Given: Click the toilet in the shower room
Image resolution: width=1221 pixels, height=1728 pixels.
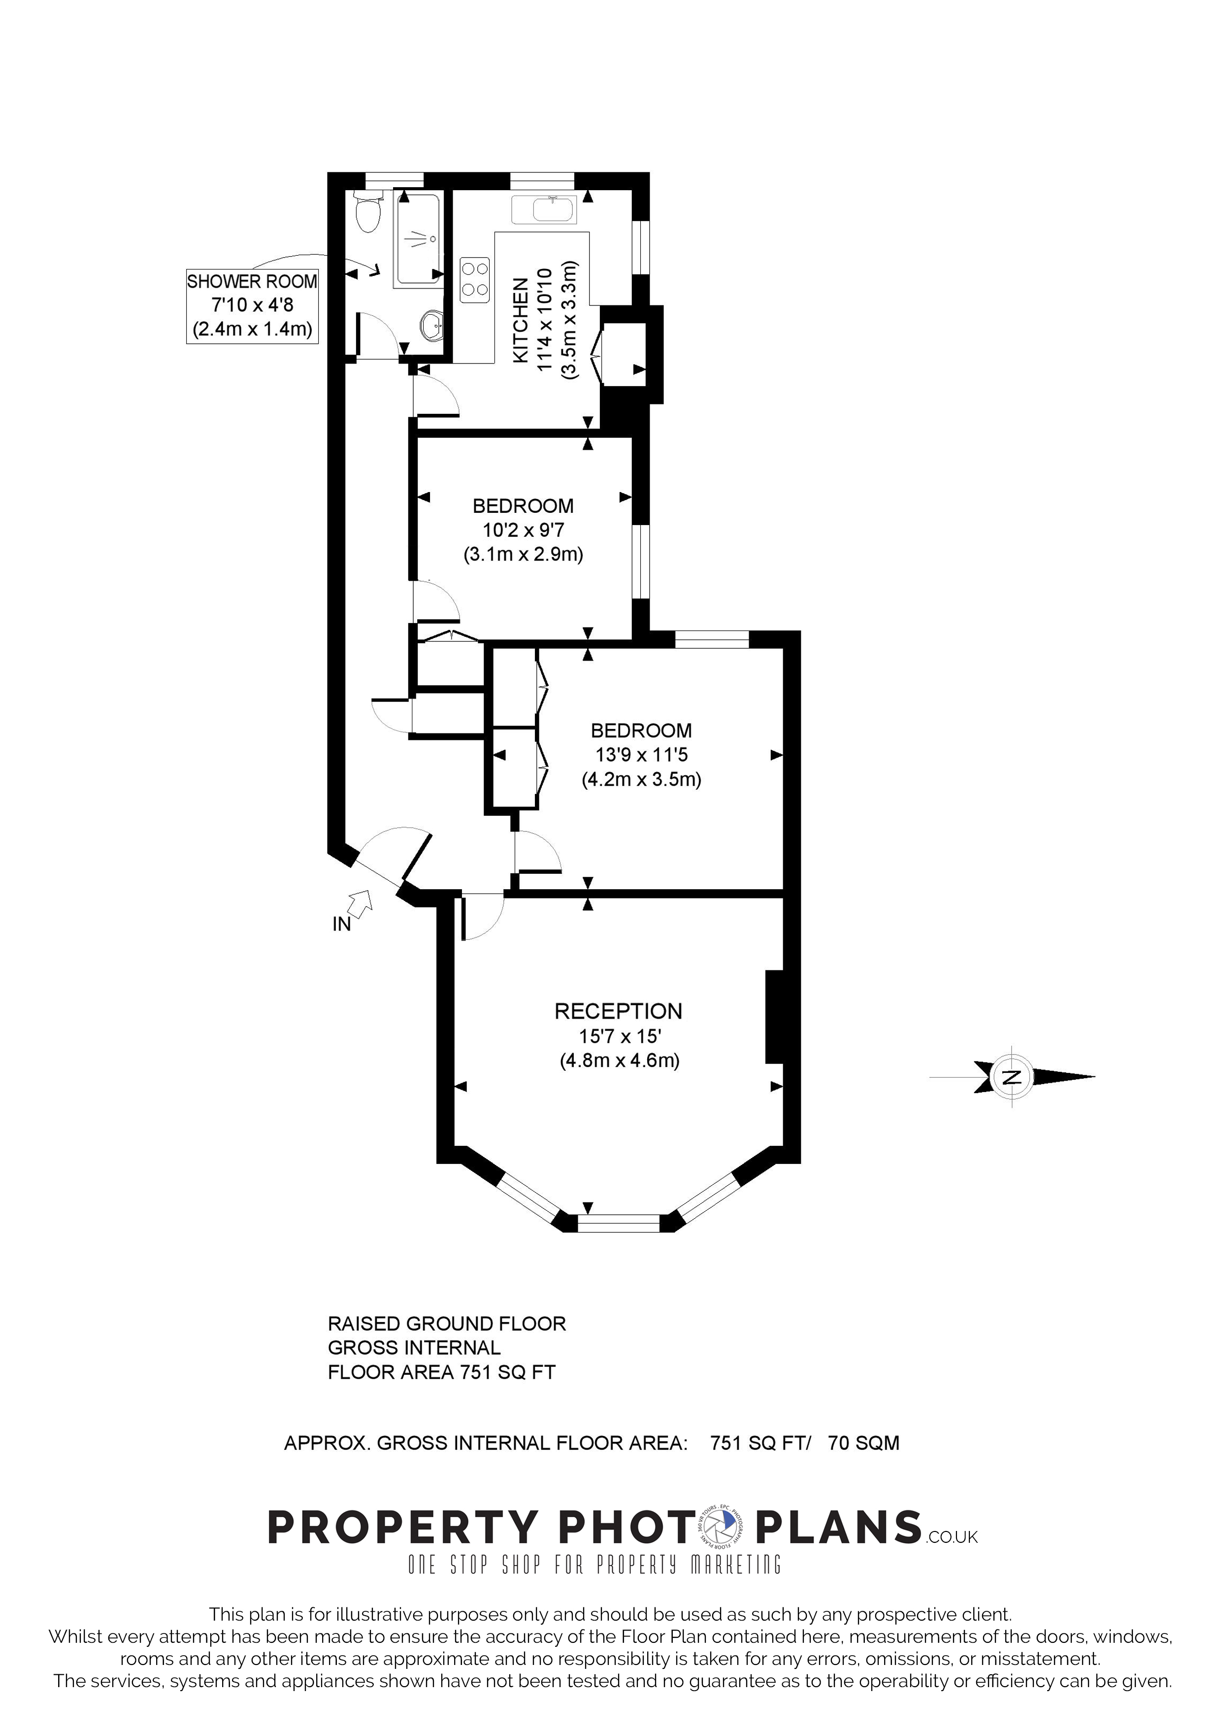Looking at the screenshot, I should [x=368, y=213].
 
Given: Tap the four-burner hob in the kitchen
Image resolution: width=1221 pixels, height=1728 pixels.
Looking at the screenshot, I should [x=475, y=279].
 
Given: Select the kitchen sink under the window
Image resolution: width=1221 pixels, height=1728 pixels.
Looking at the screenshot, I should [x=544, y=210].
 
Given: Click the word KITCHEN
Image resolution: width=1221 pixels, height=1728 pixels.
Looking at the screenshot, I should [x=520, y=321].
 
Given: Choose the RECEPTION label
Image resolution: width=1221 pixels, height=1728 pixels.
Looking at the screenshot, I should [x=619, y=1011].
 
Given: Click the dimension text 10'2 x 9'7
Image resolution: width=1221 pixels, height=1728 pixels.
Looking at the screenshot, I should [x=523, y=530].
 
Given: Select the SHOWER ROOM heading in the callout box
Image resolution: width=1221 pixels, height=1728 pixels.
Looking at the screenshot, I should [x=252, y=281].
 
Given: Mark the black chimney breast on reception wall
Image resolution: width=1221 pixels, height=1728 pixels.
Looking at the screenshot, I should [x=775, y=1017].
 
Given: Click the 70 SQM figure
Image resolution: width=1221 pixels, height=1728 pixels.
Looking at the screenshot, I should [x=863, y=1443].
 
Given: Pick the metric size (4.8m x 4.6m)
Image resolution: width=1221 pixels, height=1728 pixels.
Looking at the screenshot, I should [x=619, y=1061].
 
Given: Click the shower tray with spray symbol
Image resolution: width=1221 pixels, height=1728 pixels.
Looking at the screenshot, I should [x=418, y=238].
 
